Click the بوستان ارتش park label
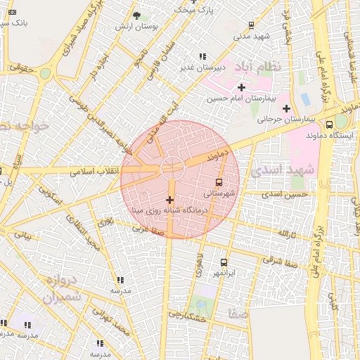click(x=136, y=26)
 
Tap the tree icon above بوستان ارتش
click(x=136, y=15)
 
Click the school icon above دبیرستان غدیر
click(x=202, y=56)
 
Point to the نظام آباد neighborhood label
click(x=274, y=66)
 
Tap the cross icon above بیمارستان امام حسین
click(x=241, y=87)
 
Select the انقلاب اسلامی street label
click(x=95, y=171)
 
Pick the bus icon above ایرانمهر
click(x=224, y=262)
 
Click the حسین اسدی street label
click(x=285, y=193)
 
